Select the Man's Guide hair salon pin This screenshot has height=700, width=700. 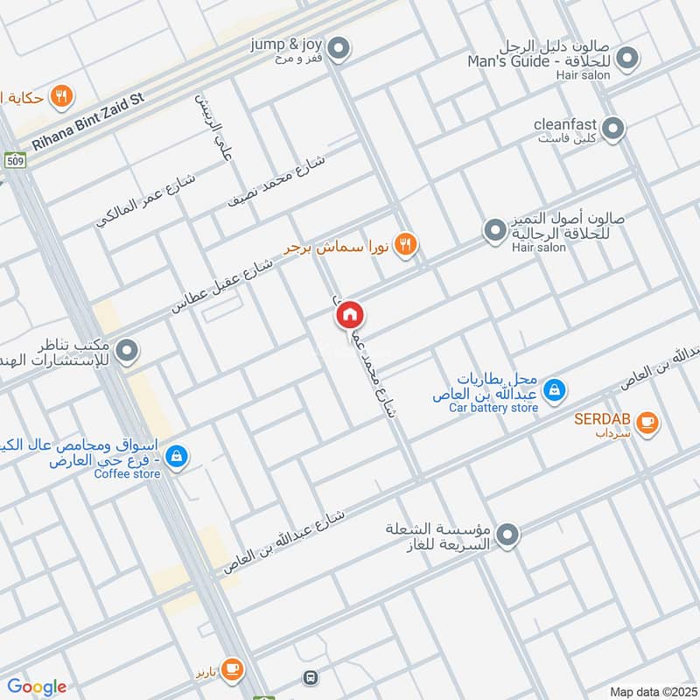click(x=626, y=59)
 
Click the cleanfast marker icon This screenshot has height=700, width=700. click(x=614, y=129)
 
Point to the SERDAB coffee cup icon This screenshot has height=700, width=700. click(x=647, y=423)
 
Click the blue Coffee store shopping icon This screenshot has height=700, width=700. click(x=177, y=455)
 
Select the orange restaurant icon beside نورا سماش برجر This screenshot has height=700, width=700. click(x=404, y=244)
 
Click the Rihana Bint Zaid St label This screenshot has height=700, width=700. click(x=88, y=122)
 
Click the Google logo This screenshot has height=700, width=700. click(x=37, y=687)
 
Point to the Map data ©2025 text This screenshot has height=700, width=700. click(x=652, y=691)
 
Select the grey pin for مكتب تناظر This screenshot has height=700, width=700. click(x=128, y=352)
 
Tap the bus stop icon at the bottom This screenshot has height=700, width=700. click(x=310, y=677)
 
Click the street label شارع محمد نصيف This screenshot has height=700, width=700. click(x=276, y=180)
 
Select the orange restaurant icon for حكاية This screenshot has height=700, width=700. click(x=61, y=96)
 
